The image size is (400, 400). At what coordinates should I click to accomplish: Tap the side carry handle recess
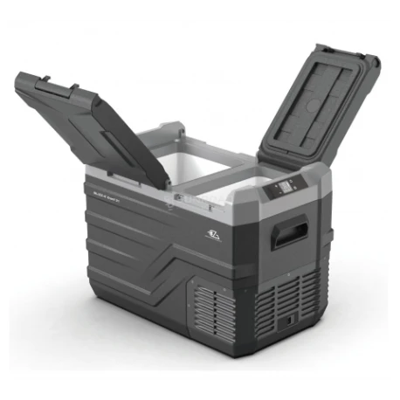tap(289, 233)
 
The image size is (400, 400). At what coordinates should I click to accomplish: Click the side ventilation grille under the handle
tap(292, 293)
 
